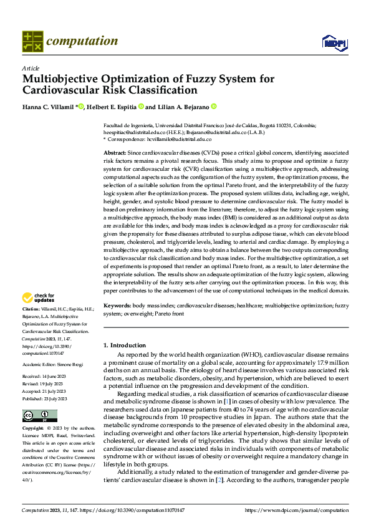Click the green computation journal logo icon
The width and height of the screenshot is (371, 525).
tap(32, 41)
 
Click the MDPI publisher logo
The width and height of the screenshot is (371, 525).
tap(334, 42)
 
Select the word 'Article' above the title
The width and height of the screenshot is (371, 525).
tap(30, 68)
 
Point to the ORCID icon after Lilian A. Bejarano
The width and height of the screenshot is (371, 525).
tap(213, 107)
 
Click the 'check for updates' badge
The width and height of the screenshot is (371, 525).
tap(39, 298)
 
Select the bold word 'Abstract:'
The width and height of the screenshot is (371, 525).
tap(115, 153)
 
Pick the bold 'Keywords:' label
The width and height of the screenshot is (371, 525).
tap(117, 306)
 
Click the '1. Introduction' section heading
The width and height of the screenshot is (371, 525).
tap(125, 345)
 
